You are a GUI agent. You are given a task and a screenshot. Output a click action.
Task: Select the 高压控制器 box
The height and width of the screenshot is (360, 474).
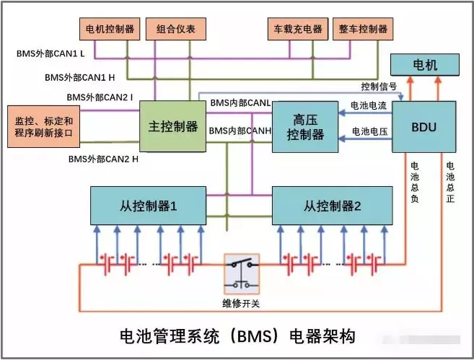click(x=305, y=126)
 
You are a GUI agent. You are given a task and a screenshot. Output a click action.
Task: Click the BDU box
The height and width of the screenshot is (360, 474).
click(x=424, y=126)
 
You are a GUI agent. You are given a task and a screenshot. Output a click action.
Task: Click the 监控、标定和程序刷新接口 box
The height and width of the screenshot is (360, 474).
click(x=43, y=127)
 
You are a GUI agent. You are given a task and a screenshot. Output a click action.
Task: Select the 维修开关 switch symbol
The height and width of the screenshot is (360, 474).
click(x=240, y=273)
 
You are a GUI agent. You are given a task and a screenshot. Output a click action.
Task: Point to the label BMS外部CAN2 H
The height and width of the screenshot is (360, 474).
click(x=100, y=158)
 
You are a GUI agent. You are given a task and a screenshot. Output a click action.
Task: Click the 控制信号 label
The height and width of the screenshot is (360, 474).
click(x=379, y=87)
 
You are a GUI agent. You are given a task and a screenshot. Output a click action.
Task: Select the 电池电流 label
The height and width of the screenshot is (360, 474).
click(x=369, y=106)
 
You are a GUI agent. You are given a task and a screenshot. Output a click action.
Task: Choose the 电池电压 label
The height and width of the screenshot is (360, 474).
click(x=369, y=132)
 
